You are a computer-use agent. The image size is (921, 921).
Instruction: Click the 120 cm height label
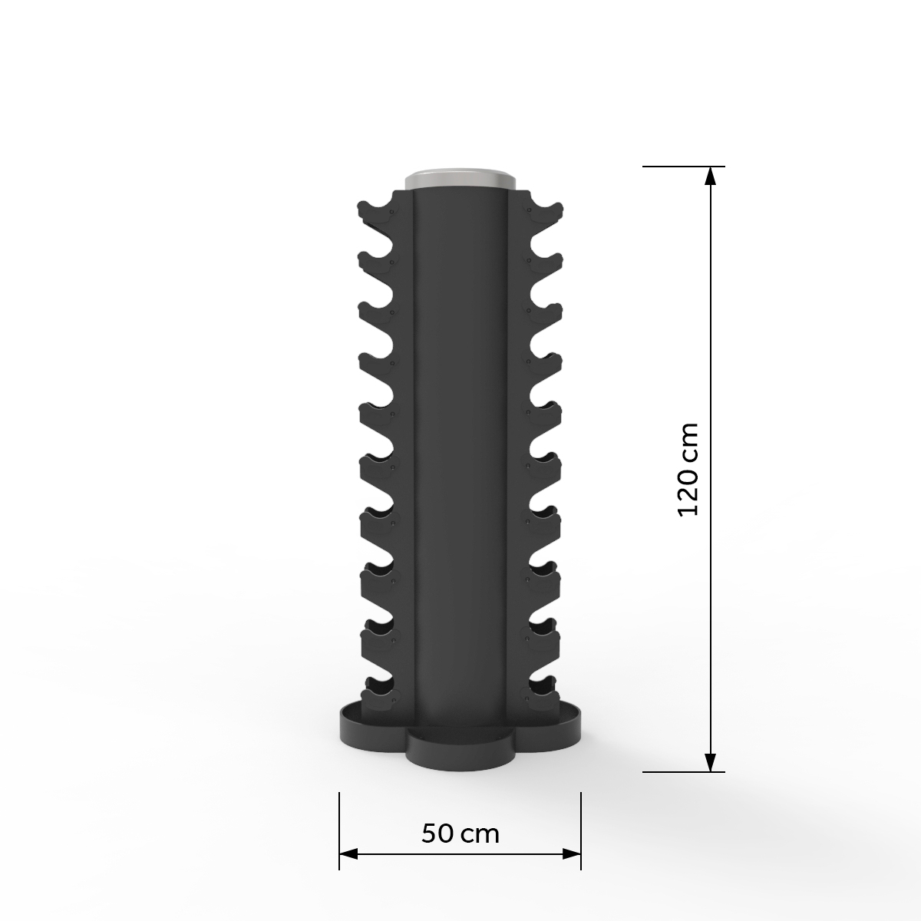tap(688, 469)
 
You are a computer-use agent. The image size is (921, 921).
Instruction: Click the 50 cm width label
tap(460, 834)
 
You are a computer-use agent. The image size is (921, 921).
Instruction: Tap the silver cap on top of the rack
tap(460, 180)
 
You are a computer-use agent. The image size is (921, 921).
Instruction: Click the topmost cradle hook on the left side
tap(376, 213)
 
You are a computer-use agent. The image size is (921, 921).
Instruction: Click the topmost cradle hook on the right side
tap(544, 213)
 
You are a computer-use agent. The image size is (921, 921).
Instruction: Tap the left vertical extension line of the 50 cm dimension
tap(339, 829)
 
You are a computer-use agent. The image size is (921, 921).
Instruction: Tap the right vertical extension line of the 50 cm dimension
tap(581, 829)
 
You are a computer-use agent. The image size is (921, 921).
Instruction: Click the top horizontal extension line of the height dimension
tap(683, 166)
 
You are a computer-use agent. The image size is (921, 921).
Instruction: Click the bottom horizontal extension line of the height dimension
tap(683, 772)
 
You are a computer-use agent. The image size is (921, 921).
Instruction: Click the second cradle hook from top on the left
tap(376, 261)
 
